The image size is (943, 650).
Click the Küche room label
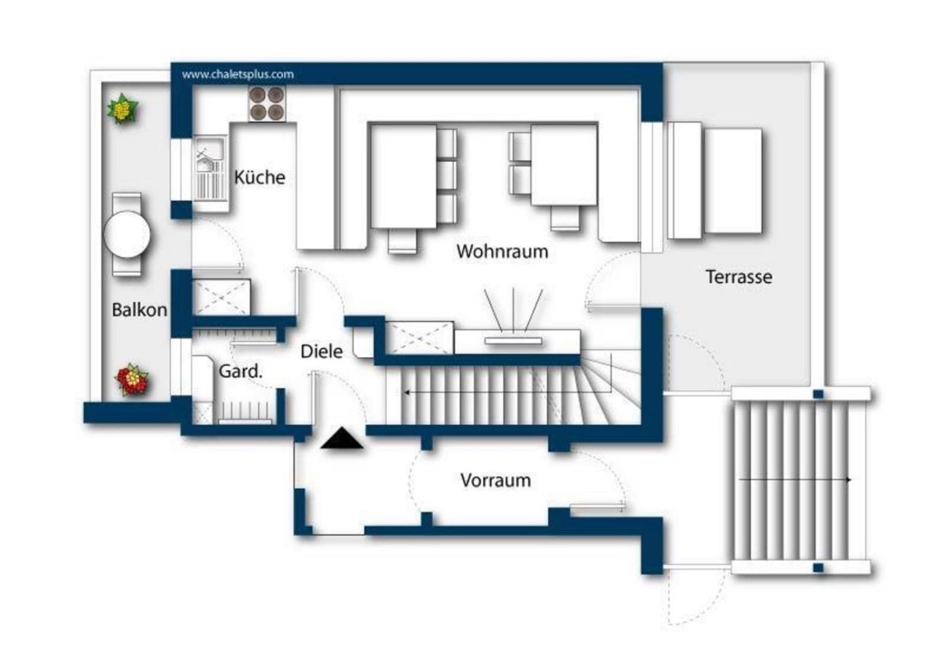tap(260, 177)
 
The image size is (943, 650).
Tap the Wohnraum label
tap(502, 251)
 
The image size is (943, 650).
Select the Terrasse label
tap(739, 277)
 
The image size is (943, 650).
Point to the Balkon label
tap(139, 310)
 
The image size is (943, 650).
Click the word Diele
tap(322, 352)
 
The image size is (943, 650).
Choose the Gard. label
tap(240, 371)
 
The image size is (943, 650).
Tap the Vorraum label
tap(496, 480)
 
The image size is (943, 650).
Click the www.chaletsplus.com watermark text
tap(238, 74)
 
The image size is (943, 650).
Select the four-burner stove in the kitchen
tap(267, 104)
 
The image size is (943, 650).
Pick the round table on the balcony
tap(127, 234)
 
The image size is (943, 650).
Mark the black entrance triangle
tap(341, 438)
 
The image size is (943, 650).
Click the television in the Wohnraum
tap(513, 340)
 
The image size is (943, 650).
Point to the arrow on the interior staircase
tap(507, 393)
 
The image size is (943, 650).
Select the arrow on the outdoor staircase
tap(795, 480)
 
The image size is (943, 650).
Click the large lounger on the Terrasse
tap(734, 181)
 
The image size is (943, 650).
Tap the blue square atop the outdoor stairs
tap(818, 394)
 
